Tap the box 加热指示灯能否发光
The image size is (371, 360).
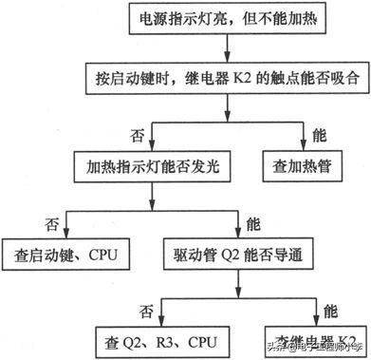(x=151, y=165)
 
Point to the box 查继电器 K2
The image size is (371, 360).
(x=312, y=340)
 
